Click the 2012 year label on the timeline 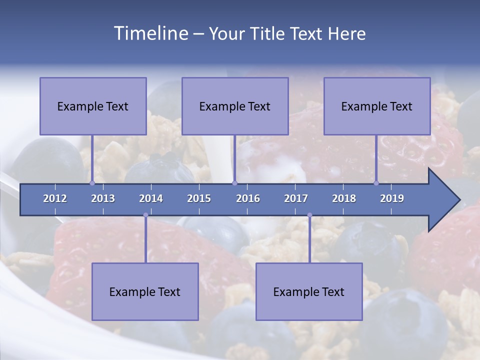[55, 198]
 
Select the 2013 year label [103, 198]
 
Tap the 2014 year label [151, 198]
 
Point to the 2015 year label [199, 198]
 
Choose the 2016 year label [248, 198]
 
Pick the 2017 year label [296, 198]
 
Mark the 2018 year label [344, 198]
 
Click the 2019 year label [392, 198]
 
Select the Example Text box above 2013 [93, 106]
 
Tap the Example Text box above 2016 [235, 106]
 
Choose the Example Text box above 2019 [377, 106]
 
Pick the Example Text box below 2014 [145, 291]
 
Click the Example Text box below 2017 [309, 291]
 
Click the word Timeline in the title [150, 33]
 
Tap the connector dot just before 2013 [92, 183]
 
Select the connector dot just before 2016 [234, 183]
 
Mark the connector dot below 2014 [145, 215]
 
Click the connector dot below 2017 [309, 215]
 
